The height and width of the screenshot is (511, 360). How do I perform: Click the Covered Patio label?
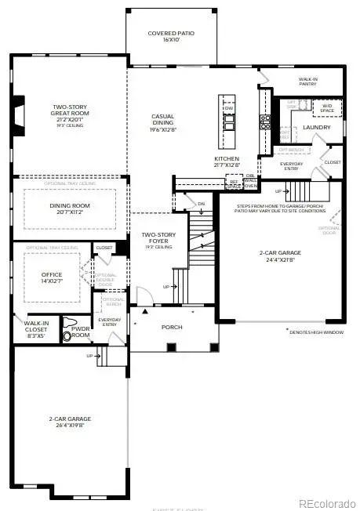tap(171, 38)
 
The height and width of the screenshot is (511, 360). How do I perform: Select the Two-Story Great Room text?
tap(70, 114)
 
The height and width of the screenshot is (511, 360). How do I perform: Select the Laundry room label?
tap(317, 126)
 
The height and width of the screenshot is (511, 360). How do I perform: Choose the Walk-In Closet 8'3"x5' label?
tap(35, 326)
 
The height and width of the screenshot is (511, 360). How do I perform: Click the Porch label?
tap(172, 328)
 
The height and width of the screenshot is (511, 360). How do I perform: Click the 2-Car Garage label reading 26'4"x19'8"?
tap(70, 422)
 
